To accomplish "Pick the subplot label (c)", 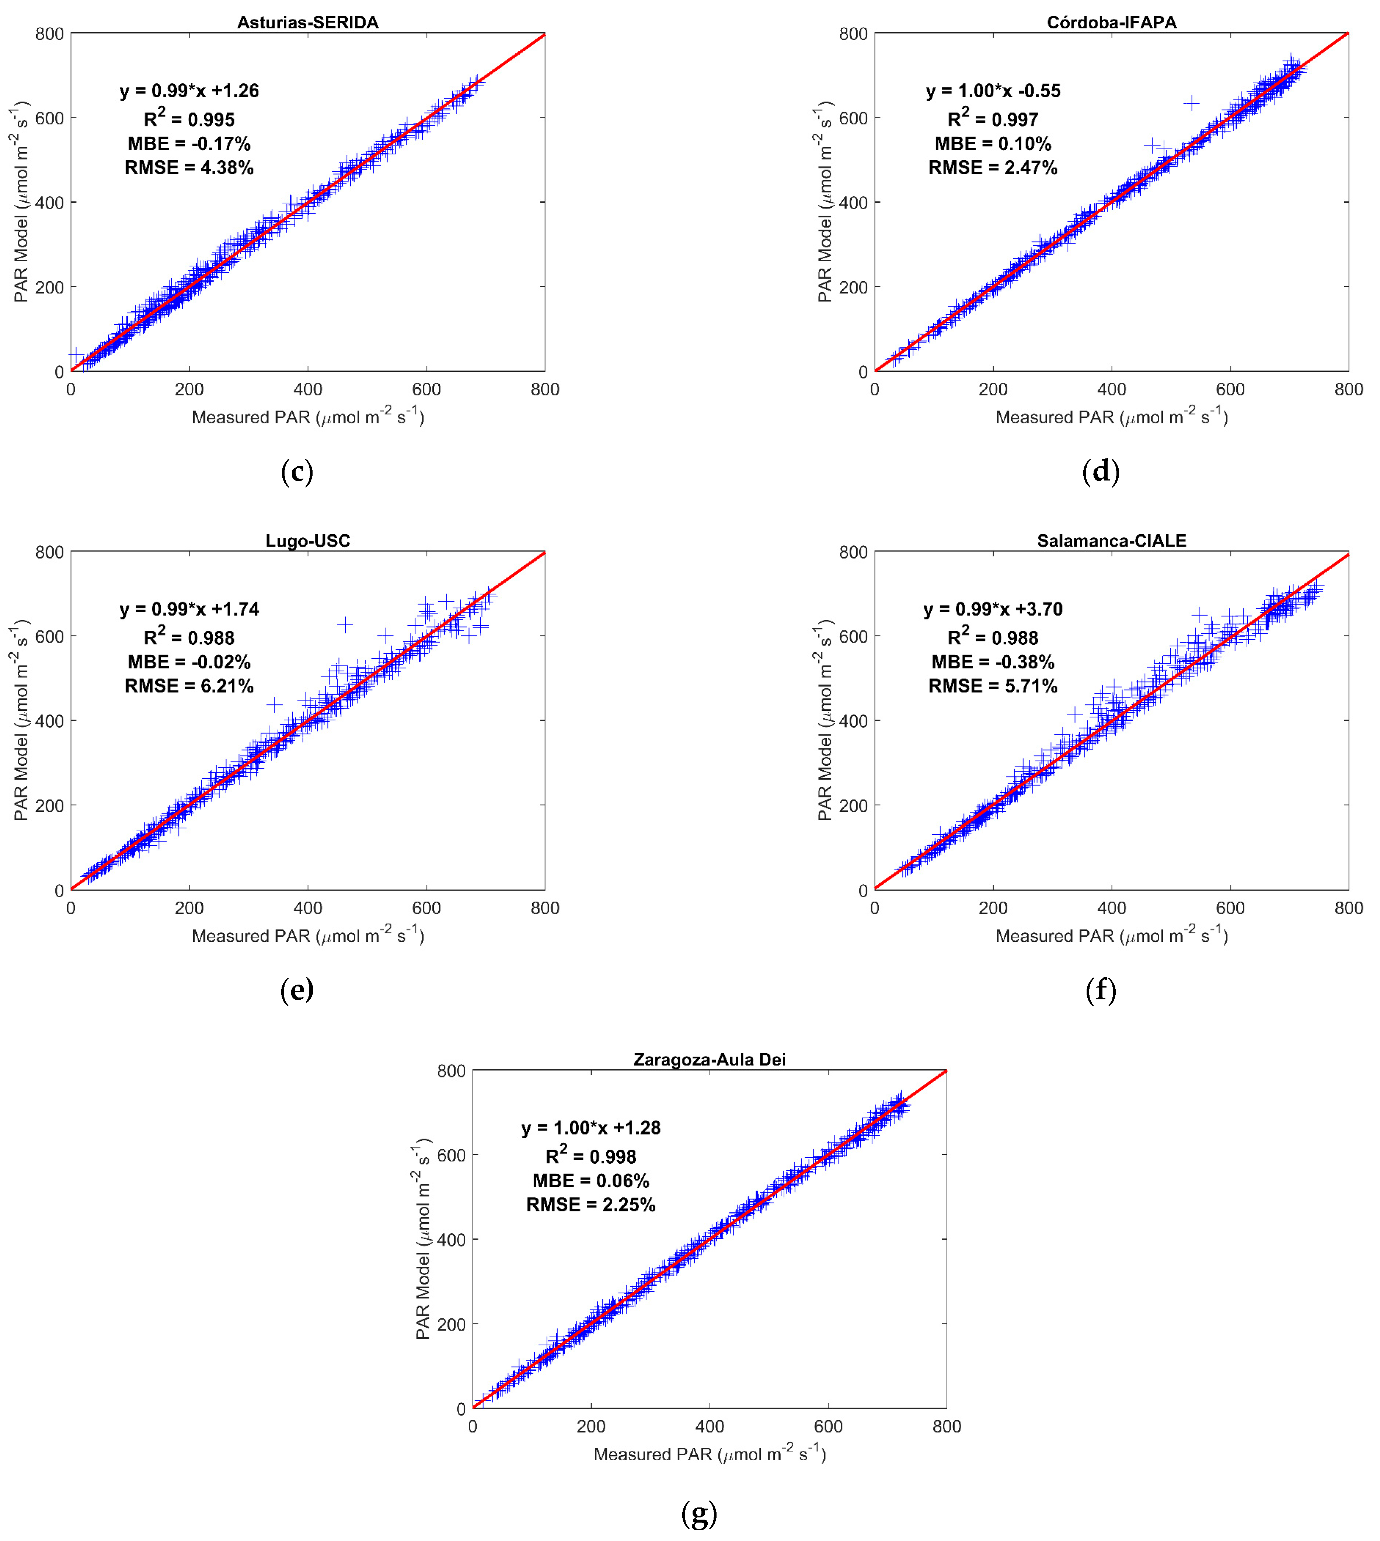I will tap(296, 471).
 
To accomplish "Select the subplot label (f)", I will tap(1100, 990).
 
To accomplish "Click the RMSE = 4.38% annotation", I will tap(189, 168).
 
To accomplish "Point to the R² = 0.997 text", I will tap(993, 119).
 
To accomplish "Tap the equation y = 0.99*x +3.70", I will tap(993, 609).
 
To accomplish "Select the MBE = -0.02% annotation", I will tap(189, 662).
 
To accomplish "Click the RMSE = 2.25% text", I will tap(591, 1205).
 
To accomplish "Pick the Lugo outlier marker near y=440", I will tap(274, 704).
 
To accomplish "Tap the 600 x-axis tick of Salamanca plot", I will tap(1230, 908).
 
